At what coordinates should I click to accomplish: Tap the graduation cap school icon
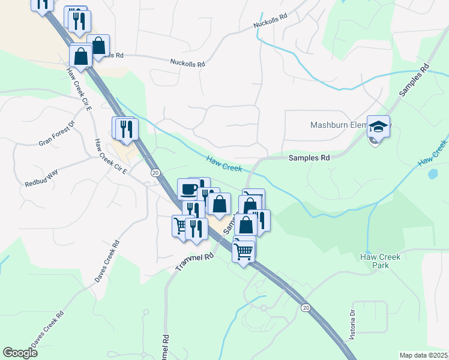coord(378,127)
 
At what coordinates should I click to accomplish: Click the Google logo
coord(20,353)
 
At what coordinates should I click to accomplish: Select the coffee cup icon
coord(188,189)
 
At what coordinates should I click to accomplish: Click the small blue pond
coord(433,175)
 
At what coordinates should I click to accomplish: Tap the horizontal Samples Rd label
coord(309,158)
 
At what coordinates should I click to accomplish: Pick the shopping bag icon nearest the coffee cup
coord(219,204)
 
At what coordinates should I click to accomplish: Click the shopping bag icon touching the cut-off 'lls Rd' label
coord(98,46)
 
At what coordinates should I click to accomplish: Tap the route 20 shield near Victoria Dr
coord(305,308)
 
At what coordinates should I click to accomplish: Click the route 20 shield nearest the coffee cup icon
coord(155,173)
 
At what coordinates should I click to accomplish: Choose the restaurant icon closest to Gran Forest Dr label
coord(127,129)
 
